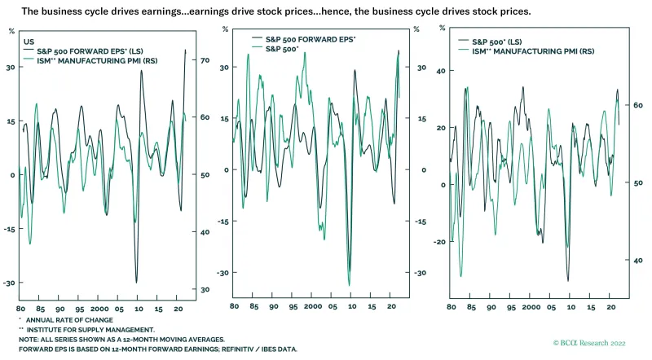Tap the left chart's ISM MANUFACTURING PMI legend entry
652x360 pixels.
click(x=76, y=60)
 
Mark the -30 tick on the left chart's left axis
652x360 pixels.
click(x=11, y=283)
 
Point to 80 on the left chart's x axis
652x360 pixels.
click(x=21, y=310)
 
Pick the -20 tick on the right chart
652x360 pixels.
click(x=441, y=242)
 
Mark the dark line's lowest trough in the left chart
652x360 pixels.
click(x=137, y=282)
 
